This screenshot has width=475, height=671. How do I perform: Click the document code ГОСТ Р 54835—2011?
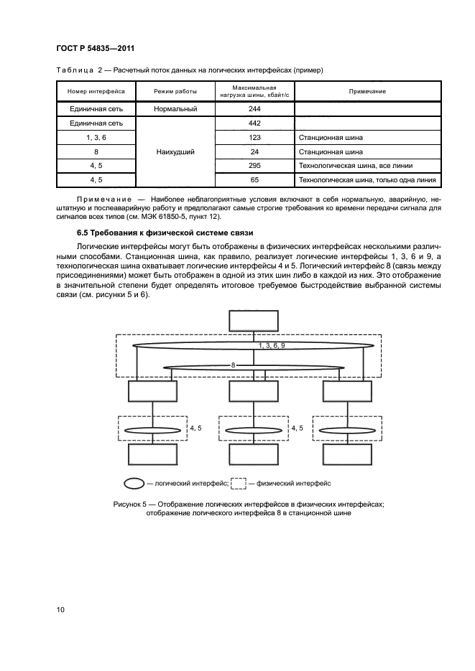coord(96,48)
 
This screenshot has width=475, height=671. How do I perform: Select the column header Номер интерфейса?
coord(96,91)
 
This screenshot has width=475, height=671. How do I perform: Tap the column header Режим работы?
coord(175,91)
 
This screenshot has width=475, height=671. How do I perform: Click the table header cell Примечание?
coord(367,91)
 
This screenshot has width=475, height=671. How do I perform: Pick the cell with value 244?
coord(254,109)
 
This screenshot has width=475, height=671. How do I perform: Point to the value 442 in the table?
coord(254,123)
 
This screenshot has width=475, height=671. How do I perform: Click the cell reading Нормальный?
coord(175,109)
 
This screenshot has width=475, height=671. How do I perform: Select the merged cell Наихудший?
coord(175,152)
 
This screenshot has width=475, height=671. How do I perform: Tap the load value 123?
coord(254,138)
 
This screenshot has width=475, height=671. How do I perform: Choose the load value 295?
coord(254,166)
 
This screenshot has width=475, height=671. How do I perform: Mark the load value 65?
coord(254,180)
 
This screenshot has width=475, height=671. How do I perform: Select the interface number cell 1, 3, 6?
coord(96,138)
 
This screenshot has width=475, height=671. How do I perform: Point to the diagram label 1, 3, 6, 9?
coord(272,346)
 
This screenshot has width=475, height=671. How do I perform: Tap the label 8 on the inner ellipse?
coord(233,365)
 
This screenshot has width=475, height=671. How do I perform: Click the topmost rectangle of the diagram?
coord(253,321)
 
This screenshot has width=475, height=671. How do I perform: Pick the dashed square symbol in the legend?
coord(239,483)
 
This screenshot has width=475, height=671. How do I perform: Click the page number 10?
coord(61,610)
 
